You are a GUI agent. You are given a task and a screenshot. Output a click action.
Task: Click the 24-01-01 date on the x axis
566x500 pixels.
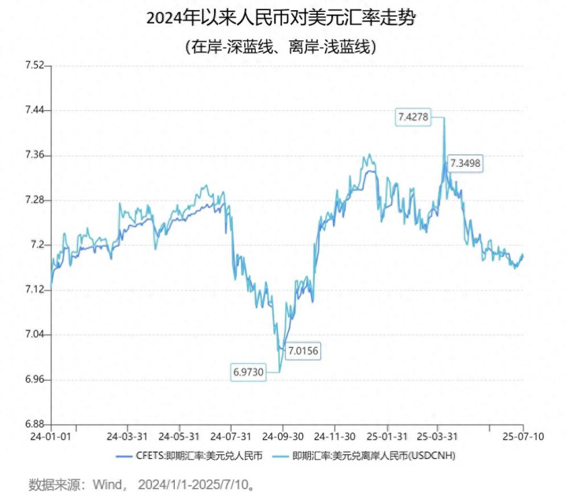51,436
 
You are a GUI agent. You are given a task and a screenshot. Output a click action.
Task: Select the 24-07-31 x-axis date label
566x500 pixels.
231,436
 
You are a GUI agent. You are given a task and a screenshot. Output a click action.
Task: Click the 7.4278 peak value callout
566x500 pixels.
412,117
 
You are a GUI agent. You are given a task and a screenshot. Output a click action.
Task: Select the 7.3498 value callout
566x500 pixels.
464,163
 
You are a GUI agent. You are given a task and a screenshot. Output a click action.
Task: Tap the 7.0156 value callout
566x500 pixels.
303,350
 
